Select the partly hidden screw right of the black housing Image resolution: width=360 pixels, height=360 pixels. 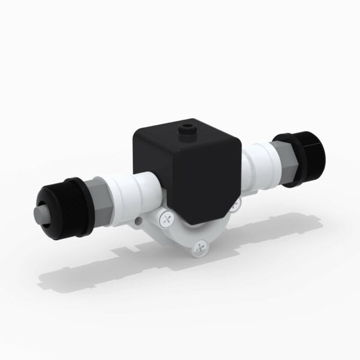pos(235,203)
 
